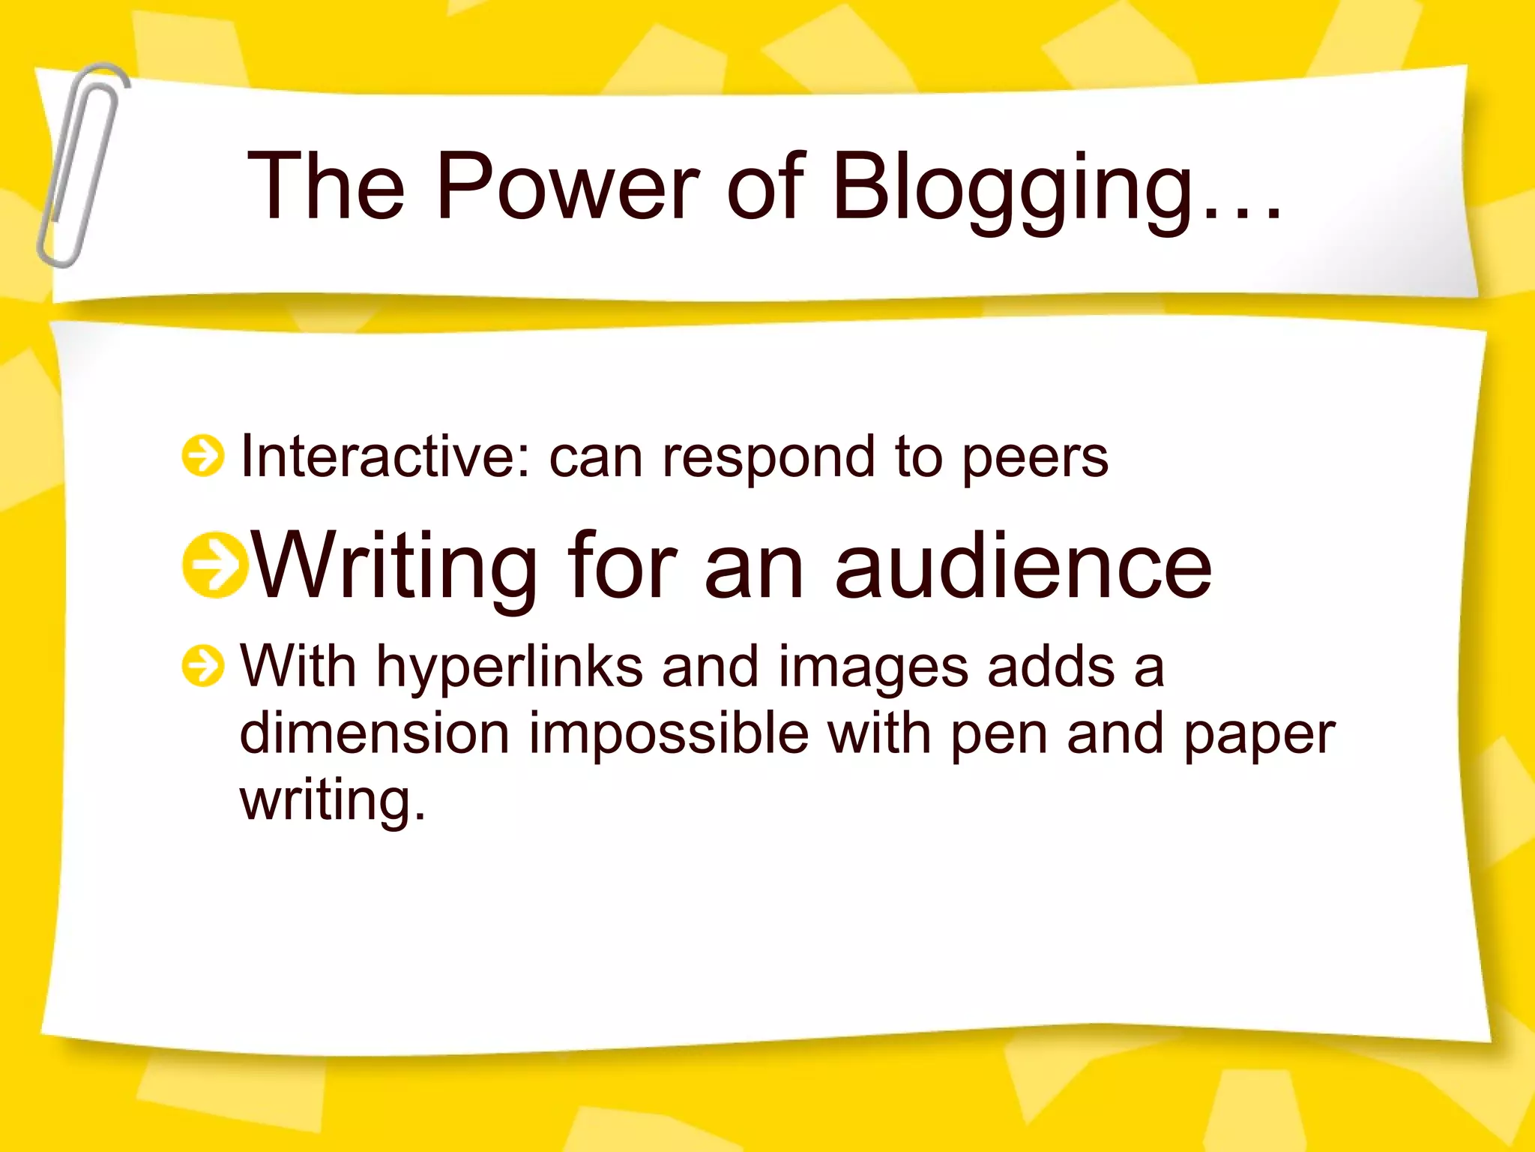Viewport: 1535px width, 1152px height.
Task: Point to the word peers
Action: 1034,459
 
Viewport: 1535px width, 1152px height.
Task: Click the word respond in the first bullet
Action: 767,459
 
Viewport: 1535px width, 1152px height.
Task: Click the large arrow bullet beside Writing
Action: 214,565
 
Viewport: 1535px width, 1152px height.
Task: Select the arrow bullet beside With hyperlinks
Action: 202,666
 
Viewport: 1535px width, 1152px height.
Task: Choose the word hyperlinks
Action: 509,667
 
